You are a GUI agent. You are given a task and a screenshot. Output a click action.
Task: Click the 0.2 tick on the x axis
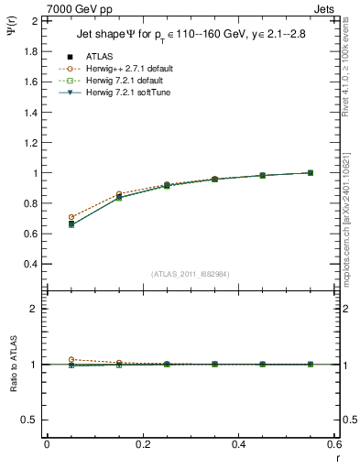tap(142, 445)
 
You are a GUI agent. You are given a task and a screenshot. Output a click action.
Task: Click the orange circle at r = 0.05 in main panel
tap(71, 217)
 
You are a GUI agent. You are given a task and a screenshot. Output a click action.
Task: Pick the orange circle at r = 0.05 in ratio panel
tap(71, 360)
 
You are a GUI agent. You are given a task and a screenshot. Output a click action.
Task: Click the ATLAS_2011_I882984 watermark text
tap(190, 274)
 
